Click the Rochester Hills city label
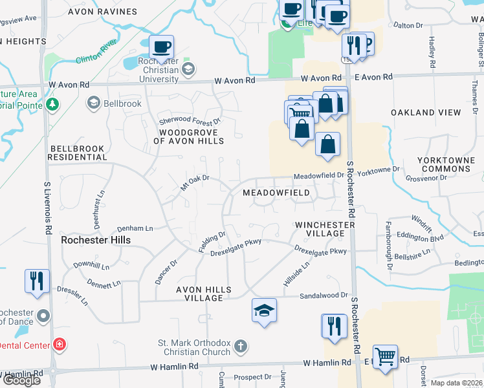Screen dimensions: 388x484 click(x=96, y=240)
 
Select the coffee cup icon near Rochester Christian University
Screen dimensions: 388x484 click(x=161, y=47)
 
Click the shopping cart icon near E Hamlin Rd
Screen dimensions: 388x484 click(x=386, y=355)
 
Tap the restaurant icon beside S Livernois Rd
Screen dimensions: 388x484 click(x=36, y=281)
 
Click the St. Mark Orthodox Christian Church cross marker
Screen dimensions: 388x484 click(x=241, y=347)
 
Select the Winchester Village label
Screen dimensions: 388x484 click(x=325, y=229)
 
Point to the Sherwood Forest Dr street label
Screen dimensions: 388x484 click(x=190, y=121)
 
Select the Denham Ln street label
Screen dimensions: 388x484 click(x=135, y=228)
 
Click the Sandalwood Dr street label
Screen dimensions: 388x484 click(x=324, y=296)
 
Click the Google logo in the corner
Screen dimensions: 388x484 click(x=22, y=380)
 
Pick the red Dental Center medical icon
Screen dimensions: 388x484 click(x=60, y=344)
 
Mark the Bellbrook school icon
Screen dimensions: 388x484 click(x=94, y=103)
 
